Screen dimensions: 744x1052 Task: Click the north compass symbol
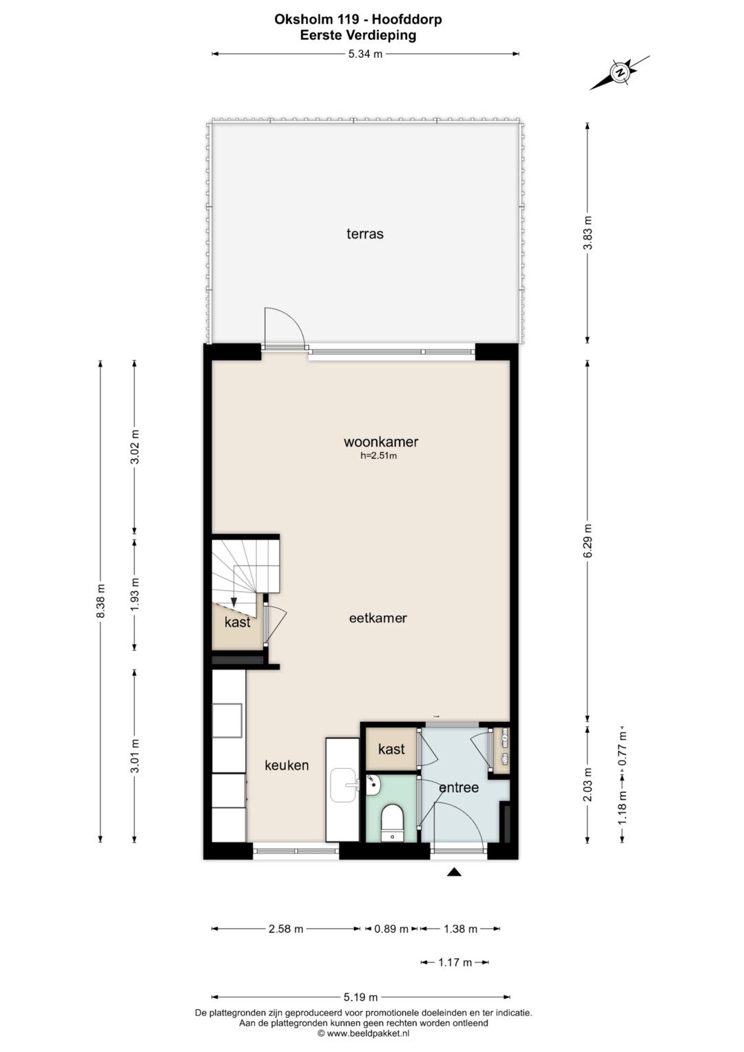(620, 73)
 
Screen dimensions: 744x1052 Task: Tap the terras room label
(365, 234)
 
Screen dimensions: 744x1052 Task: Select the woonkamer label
(381, 442)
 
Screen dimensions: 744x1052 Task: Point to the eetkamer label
(378, 618)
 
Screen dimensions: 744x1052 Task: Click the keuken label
(287, 765)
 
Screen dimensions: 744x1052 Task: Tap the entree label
(458, 787)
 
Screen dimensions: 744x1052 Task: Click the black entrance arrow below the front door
(454, 872)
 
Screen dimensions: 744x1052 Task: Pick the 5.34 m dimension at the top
(365, 54)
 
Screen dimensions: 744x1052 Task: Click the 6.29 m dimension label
(588, 541)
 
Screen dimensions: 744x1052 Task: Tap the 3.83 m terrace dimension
(588, 234)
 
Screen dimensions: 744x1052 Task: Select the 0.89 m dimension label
(391, 929)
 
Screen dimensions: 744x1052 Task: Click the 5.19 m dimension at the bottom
(361, 997)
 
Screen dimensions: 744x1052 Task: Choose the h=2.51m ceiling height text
(379, 455)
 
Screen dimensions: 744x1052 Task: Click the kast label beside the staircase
(237, 622)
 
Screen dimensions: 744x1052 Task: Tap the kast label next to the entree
(391, 749)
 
